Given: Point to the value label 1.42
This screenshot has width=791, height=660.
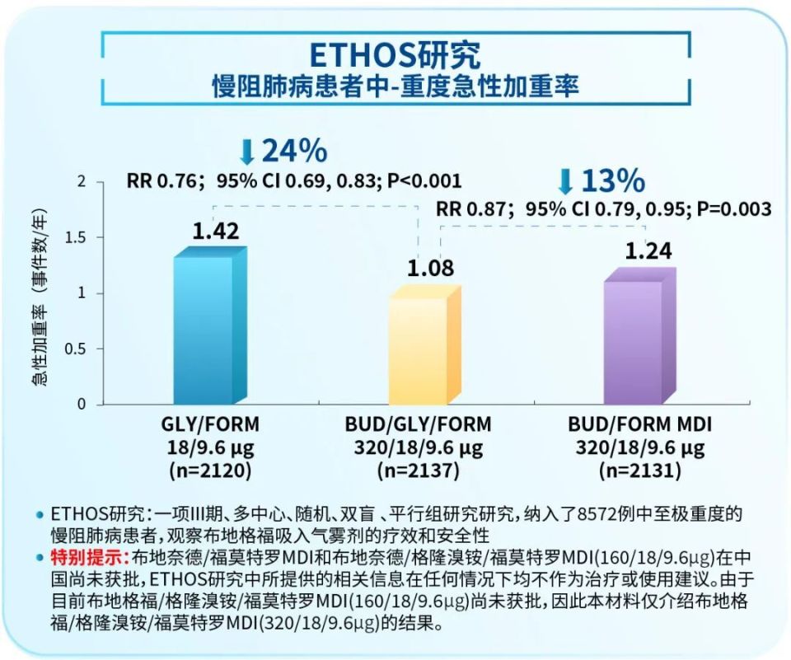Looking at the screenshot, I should point(216,231).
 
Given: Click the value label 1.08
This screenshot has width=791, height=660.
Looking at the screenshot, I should point(430,269).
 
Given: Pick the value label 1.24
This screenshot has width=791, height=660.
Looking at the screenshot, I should point(650,250).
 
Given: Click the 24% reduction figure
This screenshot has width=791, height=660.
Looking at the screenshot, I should point(294,151).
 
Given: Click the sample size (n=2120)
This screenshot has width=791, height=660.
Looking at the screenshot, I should point(209,471).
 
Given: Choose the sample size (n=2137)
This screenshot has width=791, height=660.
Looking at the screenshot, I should point(418,472).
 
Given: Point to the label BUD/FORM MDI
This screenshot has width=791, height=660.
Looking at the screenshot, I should point(639,425).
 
